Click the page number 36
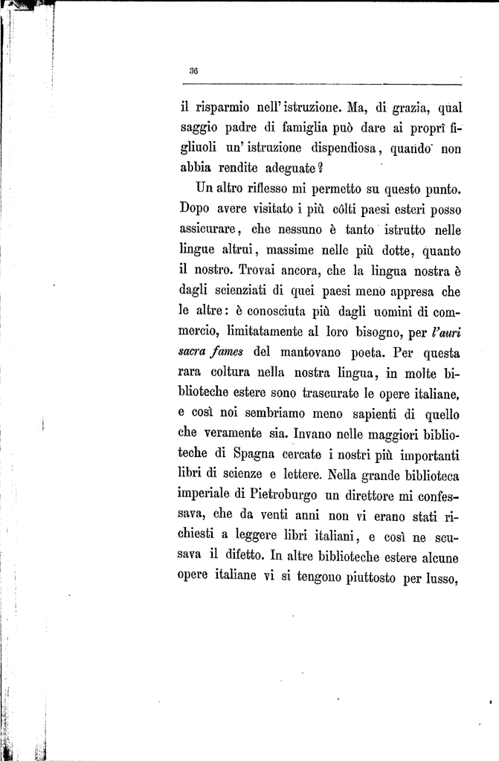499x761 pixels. [x=193, y=71]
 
